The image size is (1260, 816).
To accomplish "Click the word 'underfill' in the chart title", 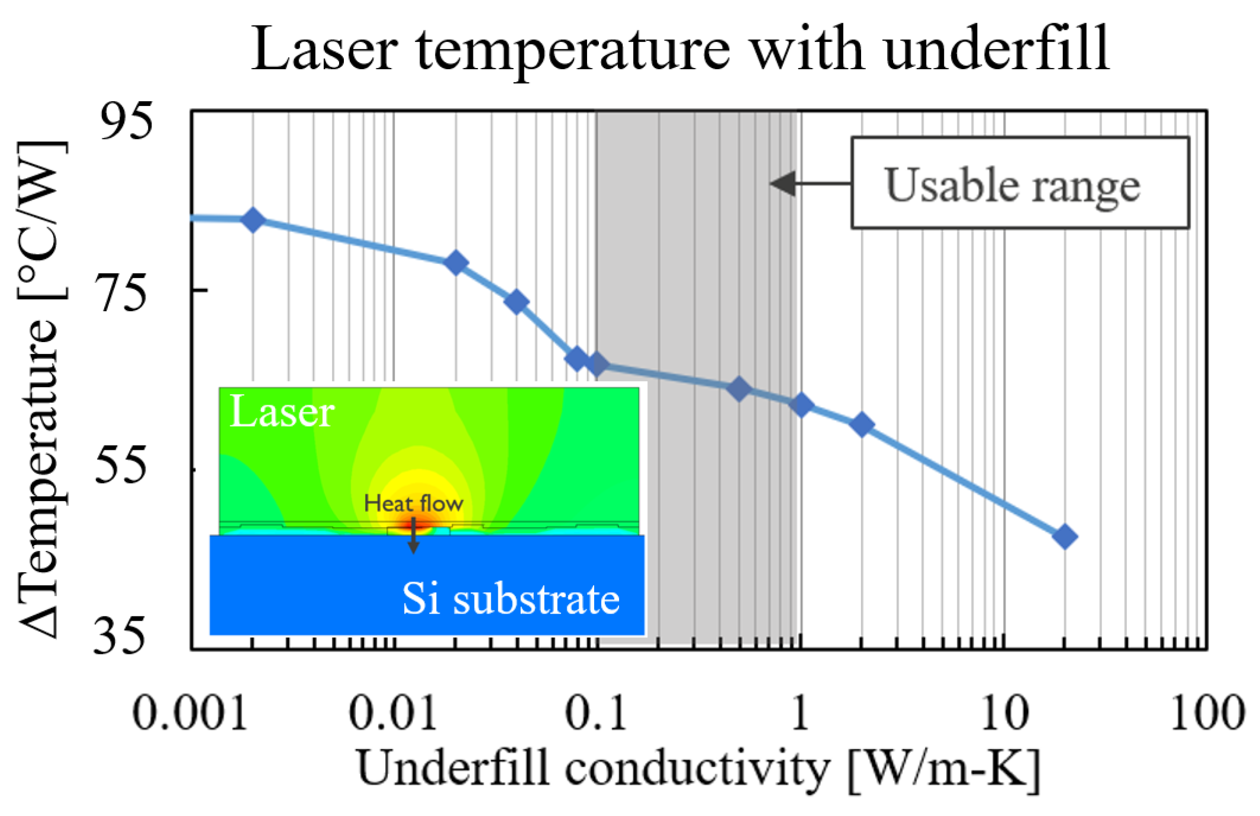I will click(x=995, y=50).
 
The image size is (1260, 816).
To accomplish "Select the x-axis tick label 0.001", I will click(x=189, y=713).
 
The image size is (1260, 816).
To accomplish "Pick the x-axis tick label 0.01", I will click(x=393, y=713).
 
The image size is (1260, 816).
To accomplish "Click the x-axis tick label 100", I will click(x=1207, y=713).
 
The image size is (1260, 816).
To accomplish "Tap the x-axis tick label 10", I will click(x=1004, y=713).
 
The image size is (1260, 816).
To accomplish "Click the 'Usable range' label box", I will click(x=1020, y=183).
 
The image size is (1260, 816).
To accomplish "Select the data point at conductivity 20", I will click(x=1065, y=537).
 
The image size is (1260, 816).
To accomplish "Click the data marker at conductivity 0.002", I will click(x=253, y=220).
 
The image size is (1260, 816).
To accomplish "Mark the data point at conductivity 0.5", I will click(x=739, y=389).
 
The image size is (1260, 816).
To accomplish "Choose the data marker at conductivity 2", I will click(x=862, y=424).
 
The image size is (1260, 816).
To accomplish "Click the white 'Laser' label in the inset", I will click(x=282, y=412).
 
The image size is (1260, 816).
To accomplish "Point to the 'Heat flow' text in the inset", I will click(x=413, y=503).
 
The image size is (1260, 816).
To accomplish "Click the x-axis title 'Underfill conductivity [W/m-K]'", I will click(x=698, y=769).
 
